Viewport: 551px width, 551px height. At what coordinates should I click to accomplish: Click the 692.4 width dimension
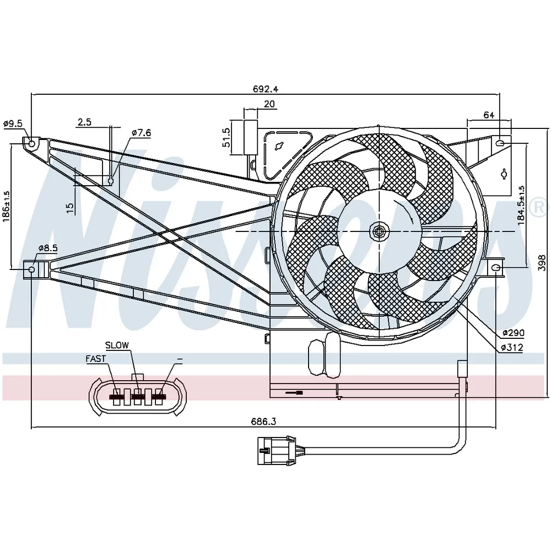266,89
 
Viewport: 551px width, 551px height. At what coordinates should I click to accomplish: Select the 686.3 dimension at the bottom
263,421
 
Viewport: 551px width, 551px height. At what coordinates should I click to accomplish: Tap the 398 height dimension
542,263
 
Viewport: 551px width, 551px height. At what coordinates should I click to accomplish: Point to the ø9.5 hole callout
13,123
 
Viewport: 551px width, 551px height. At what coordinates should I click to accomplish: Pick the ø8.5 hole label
48,248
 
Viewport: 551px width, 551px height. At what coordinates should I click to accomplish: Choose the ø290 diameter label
513,333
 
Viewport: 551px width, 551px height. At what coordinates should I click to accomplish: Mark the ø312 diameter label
512,348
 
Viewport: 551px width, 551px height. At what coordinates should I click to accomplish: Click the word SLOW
117,345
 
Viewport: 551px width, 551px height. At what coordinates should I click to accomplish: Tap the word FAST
95,359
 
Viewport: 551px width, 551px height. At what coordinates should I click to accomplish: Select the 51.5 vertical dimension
226,137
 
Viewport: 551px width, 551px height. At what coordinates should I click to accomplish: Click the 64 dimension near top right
489,115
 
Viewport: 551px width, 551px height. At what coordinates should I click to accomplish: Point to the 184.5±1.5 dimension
521,205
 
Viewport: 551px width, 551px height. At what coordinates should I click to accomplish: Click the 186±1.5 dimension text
6,206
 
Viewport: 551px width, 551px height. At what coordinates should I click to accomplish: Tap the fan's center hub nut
379,231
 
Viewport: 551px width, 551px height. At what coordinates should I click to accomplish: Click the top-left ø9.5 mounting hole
31,144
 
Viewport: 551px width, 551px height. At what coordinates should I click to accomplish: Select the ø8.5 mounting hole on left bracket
31,269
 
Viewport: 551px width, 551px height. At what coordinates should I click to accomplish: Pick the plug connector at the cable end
277,451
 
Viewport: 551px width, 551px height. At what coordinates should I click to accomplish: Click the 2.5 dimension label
84,122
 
